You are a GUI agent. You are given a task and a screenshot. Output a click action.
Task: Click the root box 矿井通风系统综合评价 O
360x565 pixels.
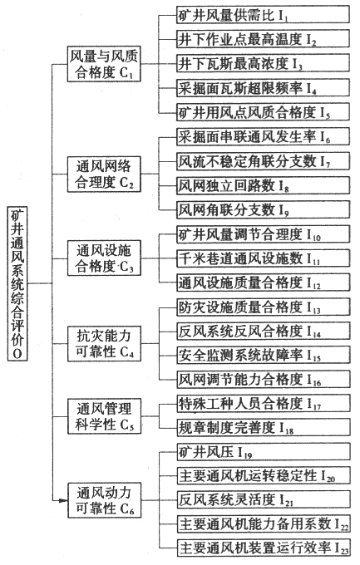tap(17, 283)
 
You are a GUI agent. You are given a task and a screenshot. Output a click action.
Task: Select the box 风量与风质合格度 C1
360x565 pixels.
tap(104, 64)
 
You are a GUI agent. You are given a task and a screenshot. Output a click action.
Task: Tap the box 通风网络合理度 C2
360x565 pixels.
tap(104, 174)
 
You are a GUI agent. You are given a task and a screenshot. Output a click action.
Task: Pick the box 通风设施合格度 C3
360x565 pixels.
tap(104, 258)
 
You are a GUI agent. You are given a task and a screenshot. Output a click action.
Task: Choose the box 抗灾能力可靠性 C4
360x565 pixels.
tap(104, 343)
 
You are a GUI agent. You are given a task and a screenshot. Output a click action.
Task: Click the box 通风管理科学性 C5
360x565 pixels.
tap(104, 416)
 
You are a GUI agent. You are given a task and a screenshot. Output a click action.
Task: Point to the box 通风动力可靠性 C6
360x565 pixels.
tap(104, 500)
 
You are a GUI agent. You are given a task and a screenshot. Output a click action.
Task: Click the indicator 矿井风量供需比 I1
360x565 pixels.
tap(263, 15)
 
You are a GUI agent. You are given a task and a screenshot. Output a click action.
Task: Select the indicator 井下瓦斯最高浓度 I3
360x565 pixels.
tap(263, 63)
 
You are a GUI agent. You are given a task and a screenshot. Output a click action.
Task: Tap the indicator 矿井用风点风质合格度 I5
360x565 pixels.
tap(263, 111)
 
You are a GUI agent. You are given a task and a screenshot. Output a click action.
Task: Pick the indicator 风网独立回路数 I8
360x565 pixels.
tap(263, 185)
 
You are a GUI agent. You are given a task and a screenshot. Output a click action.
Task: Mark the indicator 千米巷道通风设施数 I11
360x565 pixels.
tap(264, 258)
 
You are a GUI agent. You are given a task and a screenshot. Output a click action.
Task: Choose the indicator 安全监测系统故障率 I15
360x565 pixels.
tap(264, 355)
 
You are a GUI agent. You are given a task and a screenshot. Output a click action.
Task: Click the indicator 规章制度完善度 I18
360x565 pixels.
tap(264, 427)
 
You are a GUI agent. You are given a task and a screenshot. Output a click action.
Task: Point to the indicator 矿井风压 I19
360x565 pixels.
tap(264, 451)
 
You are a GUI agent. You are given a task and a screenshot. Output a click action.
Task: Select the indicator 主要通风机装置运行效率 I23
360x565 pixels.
tap(264, 548)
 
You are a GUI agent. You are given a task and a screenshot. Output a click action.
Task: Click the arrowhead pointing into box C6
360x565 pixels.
tap(63, 500)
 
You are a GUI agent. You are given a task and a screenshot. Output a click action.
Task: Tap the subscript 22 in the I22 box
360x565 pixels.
tap(344, 527)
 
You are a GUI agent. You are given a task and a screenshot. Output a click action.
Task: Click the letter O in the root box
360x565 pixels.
tap(17, 353)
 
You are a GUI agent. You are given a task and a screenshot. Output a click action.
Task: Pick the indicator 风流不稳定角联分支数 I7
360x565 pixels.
tap(263, 160)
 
